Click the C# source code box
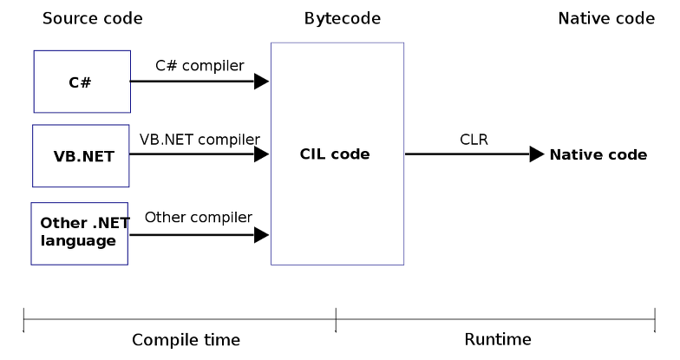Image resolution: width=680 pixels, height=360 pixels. [82, 82]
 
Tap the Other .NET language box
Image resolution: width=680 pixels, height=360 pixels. [79, 233]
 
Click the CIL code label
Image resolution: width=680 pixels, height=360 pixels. [335, 154]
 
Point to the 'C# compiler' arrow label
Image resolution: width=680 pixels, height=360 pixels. [199, 64]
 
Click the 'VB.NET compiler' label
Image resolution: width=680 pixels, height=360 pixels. [199, 138]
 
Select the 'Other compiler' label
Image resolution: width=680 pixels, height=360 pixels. [199, 217]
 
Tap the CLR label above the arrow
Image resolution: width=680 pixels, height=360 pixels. [474, 138]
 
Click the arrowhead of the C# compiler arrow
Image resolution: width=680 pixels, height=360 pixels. [261, 82]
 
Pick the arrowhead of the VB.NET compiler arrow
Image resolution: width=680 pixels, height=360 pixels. [261, 154]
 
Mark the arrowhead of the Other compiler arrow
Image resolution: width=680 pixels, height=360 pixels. [261, 234]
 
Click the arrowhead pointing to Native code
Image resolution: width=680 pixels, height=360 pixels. [537, 154]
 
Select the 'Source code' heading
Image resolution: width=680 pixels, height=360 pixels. [92, 18]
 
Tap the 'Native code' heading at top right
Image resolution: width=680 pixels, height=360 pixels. [606, 18]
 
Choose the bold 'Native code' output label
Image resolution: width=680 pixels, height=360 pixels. [598, 154]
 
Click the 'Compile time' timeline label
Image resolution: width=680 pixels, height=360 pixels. [186, 339]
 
